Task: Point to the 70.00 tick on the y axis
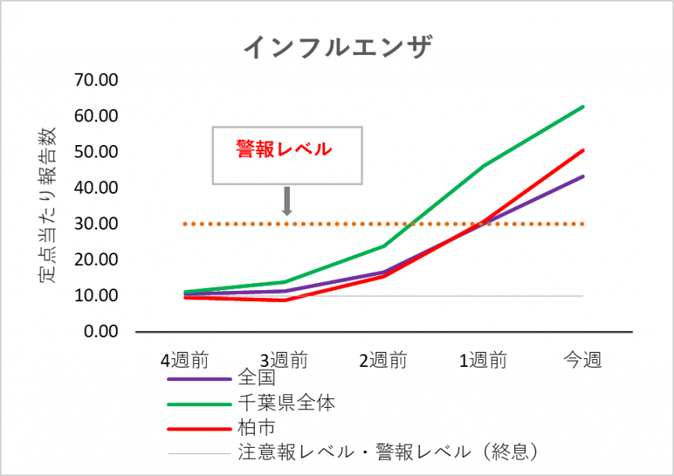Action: pos(96,80)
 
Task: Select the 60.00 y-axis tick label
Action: pos(96,116)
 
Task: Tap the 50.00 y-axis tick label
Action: pos(96,152)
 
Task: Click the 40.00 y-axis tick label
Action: pos(96,188)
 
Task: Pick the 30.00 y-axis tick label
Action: pos(96,224)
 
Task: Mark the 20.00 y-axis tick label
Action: pos(96,260)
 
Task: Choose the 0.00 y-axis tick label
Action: pos(100,332)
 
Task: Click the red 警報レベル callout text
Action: pos(284,149)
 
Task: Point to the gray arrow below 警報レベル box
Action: pos(287,201)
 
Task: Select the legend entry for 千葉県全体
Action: pos(287,403)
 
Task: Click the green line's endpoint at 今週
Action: pos(583,107)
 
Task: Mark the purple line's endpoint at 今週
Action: pos(583,176)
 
